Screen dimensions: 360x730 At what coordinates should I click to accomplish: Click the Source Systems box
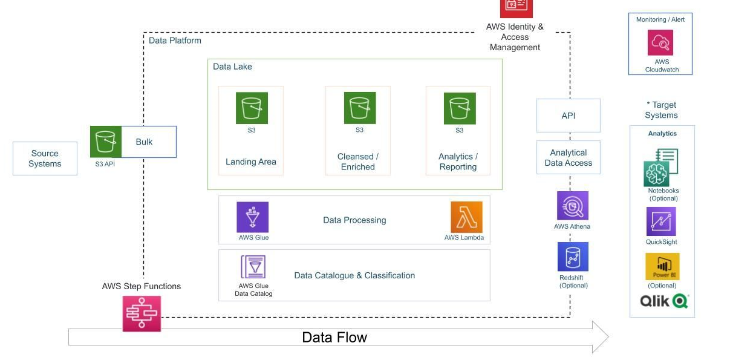pyautogui.click(x=45, y=159)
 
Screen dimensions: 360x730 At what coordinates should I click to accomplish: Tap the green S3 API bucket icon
pyautogui.click(x=106, y=142)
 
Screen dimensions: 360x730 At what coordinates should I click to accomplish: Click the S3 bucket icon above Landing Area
pyautogui.click(x=252, y=108)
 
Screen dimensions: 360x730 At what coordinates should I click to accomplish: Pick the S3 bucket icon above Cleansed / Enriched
pyautogui.click(x=360, y=108)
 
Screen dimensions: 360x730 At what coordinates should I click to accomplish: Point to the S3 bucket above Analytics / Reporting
pyautogui.click(x=460, y=108)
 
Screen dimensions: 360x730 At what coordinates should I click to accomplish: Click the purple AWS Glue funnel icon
pyautogui.click(x=253, y=217)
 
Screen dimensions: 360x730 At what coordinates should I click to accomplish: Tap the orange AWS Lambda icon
pyautogui.click(x=466, y=217)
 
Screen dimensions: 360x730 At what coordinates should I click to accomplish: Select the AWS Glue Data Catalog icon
pyautogui.click(x=253, y=267)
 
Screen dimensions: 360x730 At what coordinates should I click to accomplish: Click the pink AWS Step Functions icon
pyautogui.click(x=142, y=313)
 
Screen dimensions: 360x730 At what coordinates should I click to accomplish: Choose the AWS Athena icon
pyautogui.click(x=572, y=206)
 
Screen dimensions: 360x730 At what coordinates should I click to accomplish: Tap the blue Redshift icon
pyautogui.click(x=573, y=257)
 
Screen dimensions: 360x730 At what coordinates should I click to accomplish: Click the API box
pyautogui.click(x=569, y=116)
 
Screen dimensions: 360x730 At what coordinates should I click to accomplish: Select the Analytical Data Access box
pyautogui.click(x=569, y=158)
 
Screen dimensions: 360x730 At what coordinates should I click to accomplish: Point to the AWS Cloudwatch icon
pyautogui.click(x=660, y=43)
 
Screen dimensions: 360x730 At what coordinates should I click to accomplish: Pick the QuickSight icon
pyautogui.click(x=661, y=221)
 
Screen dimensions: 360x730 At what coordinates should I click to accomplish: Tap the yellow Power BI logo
pyautogui.click(x=662, y=267)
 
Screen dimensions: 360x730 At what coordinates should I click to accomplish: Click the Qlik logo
pyautogui.click(x=664, y=301)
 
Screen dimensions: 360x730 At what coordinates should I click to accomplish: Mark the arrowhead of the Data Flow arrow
pyautogui.click(x=601, y=337)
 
